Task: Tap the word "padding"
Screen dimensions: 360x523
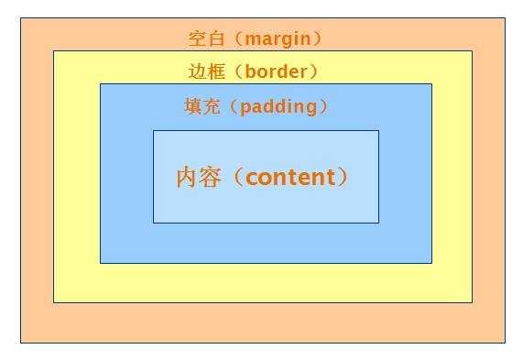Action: (x=278, y=107)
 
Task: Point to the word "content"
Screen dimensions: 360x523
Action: (x=291, y=177)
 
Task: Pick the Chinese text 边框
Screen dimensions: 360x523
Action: (x=204, y=71)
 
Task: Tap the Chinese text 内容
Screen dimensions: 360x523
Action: (x=198, y=177)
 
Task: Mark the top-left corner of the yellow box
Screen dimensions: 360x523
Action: (x=53, y=50)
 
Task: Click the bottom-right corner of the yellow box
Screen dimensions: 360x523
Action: (x=472, y=301)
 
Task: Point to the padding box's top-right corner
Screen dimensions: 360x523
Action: (x=431, y=83)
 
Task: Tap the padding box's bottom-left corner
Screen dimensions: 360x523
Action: (x=100, y=263)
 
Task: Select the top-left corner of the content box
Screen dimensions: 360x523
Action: (x=153, y=130)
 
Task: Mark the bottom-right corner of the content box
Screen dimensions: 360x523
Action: (x=378, y=223)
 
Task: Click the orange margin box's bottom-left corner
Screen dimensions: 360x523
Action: (x=20, y=343)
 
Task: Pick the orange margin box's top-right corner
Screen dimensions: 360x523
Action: (x=505, y=16)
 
